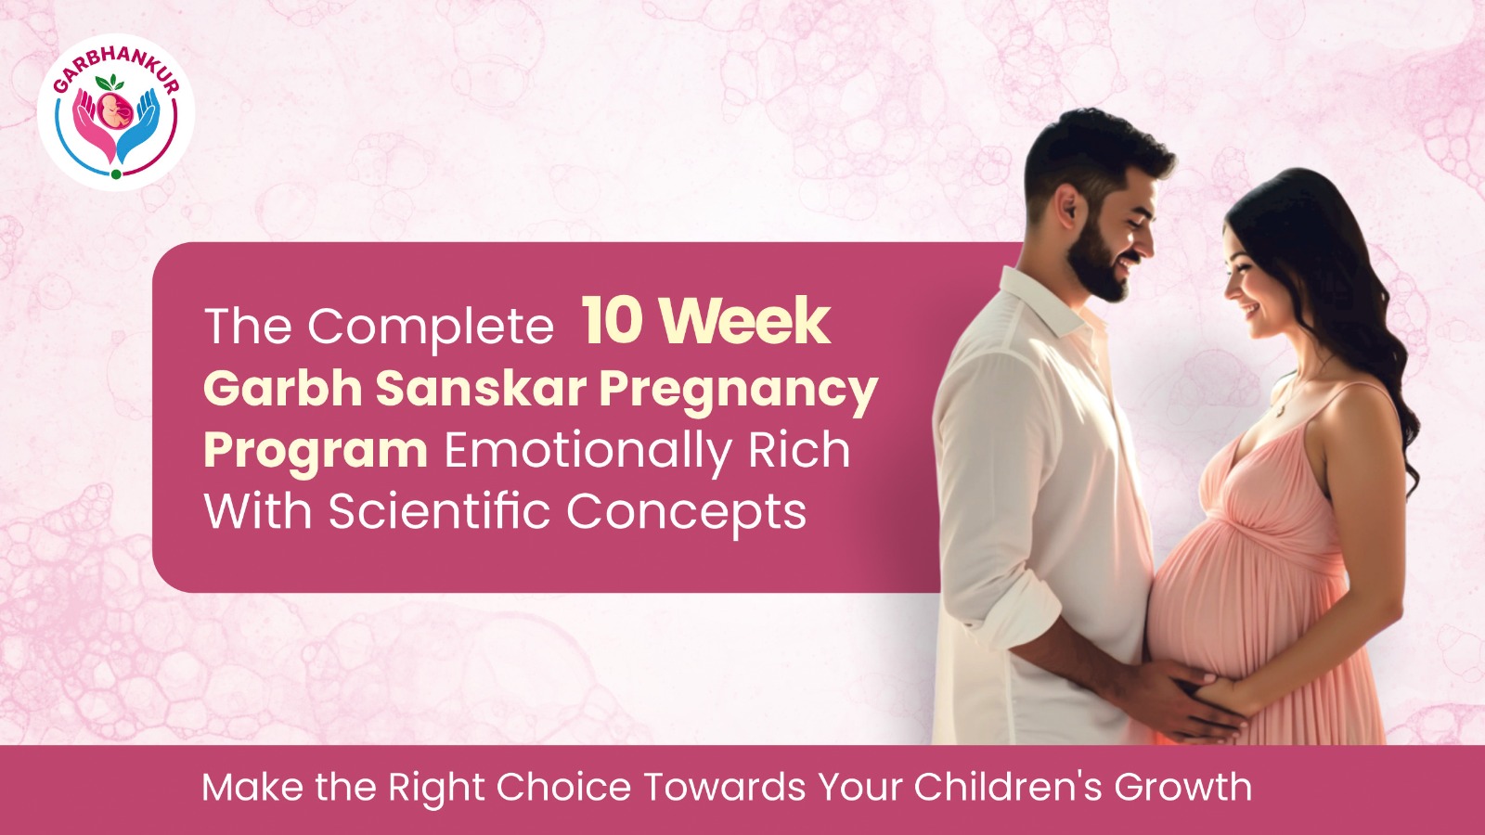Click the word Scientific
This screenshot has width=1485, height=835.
pos(439,511)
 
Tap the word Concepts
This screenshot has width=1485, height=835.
pos(687,514)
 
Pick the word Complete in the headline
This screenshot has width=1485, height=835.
pos(431,327)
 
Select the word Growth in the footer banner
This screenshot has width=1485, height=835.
pos(1182,787)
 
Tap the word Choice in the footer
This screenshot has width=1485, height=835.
pos(563,787)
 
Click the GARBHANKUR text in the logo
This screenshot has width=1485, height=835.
pos(115,69)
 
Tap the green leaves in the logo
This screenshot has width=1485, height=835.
pos(110,83)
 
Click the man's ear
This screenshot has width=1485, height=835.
pos(1068,205)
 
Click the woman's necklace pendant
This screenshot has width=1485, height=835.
pos(1280,412)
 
